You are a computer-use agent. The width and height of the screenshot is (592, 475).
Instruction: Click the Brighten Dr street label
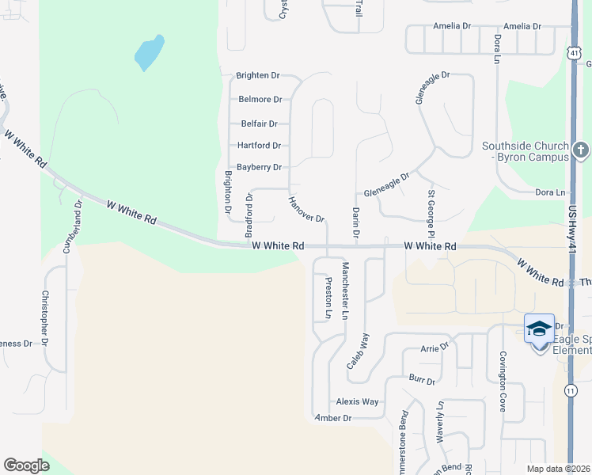[x=258, y=76]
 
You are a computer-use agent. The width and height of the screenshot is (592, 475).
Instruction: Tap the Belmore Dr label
[x=260, y=100]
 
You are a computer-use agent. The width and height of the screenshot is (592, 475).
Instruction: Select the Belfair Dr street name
[x=260, y=123]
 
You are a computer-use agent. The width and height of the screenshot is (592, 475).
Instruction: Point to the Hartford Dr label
[x=260, y=146]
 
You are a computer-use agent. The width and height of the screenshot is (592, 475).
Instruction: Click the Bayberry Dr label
[x=260, y=167]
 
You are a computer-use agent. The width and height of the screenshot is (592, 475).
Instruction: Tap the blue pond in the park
[x=149, y=52]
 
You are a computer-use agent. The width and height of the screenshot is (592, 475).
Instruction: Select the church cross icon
[x=580, y=150]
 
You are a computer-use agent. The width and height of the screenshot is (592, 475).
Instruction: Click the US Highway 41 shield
[x=573, y=51]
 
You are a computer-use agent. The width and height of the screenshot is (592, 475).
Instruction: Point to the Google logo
[x=26, y=465]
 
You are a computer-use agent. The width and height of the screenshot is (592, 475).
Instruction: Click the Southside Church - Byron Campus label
[x=526, y=151]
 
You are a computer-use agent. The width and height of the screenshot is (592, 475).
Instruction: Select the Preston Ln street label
[x=328, y=298]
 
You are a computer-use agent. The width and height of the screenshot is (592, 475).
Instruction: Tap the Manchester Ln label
[x=345, y=291]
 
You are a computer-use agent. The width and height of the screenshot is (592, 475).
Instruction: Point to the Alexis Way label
[x=357, y=401]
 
